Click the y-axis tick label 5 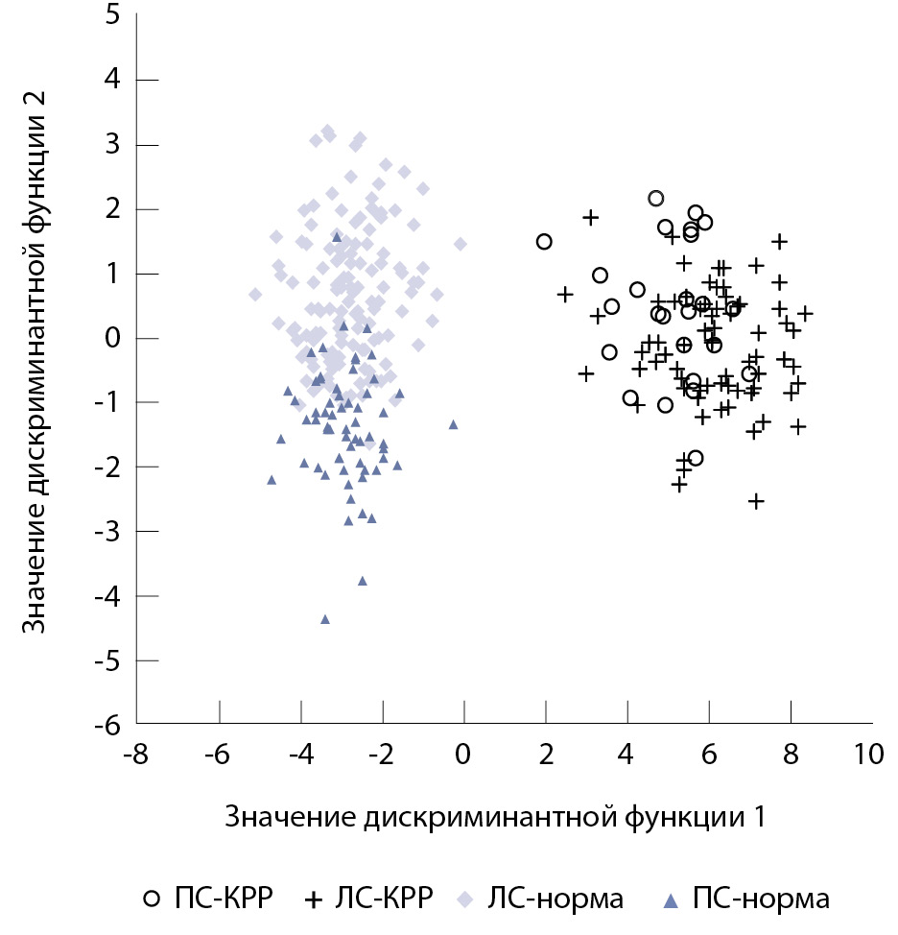coord(112,15)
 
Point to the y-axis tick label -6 coord(107,725)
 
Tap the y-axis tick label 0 coord(112,338)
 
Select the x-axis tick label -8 coord(136,755)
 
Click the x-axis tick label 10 coord(871,755)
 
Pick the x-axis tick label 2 coord(545,755)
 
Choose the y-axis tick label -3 coord(107,532)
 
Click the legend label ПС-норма coord(760,899)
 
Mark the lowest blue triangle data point coord(325,619)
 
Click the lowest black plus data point coord(756,500)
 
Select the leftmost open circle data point coord(544,242)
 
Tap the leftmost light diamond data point coord(255,295)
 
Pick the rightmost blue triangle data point coord(453,424)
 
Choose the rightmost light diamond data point coord(461,244)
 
